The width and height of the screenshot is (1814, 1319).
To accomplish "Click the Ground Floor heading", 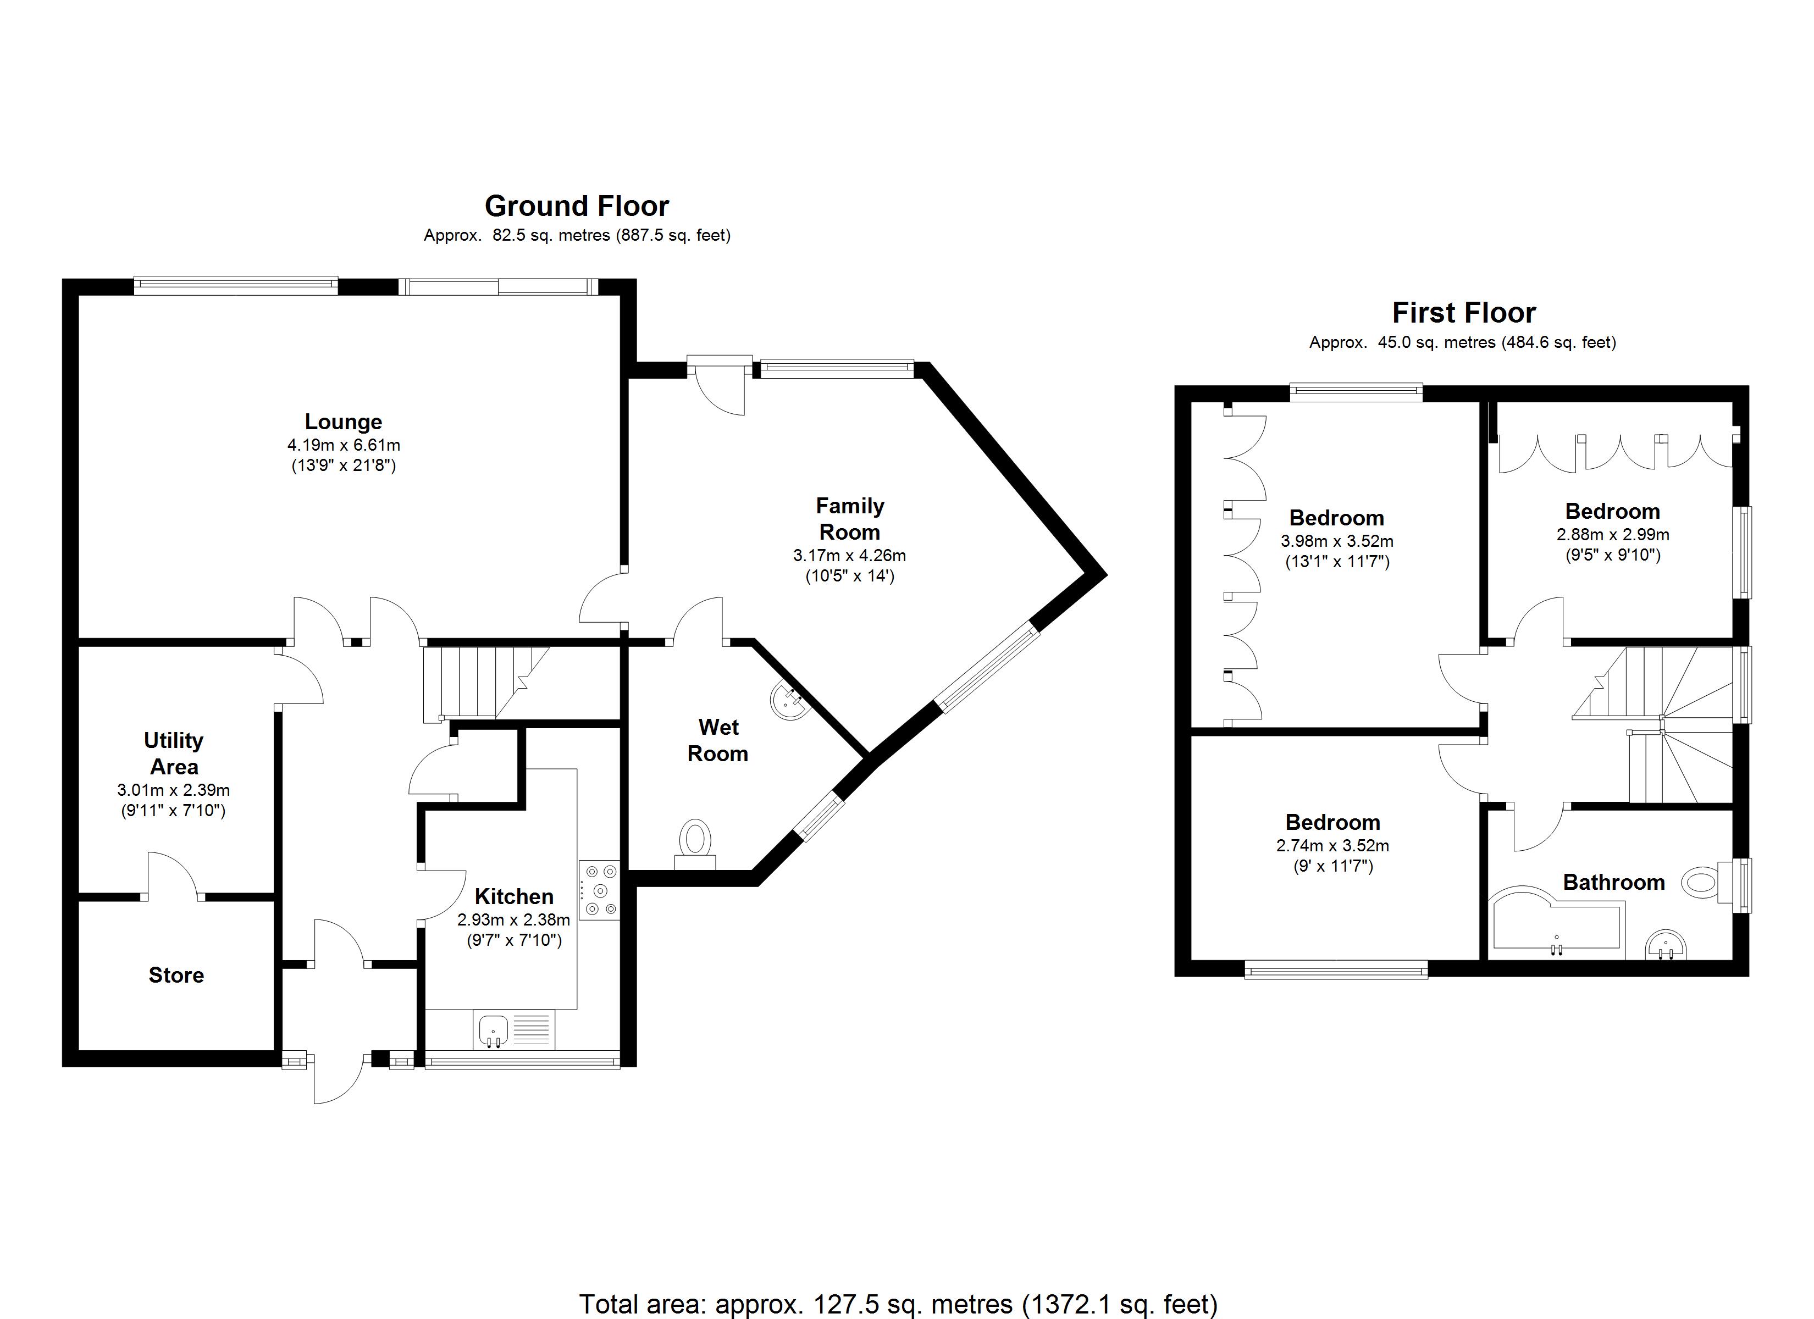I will pyautogui.click(x=576, y=207).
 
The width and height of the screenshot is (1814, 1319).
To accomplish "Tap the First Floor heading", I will pyautogui.click(x=1464, y=313).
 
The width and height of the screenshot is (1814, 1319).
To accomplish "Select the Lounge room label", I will pyautogui.click(x=343, y=422).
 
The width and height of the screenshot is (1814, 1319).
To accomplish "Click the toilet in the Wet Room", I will pyautogui.click(x=695, y=843).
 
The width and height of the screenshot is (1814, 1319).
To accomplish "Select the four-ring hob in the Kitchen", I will pyautogui.click(x=600, y=889).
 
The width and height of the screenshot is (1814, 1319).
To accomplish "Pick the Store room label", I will pyautogui.click(x=176, y=975).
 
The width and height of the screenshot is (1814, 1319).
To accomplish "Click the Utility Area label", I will pyautogui.click(x=174, y=753).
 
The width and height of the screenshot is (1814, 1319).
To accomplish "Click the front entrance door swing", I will pyautogui.click(x=338, y=1080).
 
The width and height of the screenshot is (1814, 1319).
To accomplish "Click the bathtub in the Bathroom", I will pyautogui.click(x=1552, y=928).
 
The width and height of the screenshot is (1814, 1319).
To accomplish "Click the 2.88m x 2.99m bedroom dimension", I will pyautogui.click(x=1612, y=534).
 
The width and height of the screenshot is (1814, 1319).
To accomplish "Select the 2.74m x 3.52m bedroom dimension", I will pyautogui.click(x=1332, y=845).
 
